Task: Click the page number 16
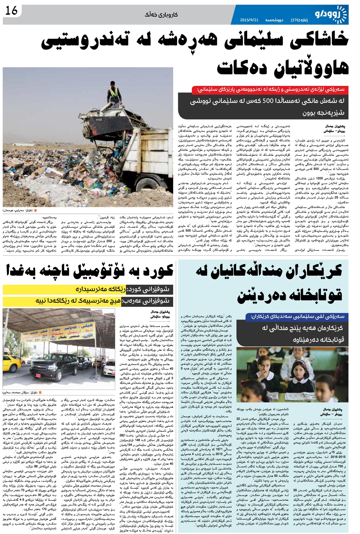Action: (x=11, y=11)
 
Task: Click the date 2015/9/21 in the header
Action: (x=249, y=20)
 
